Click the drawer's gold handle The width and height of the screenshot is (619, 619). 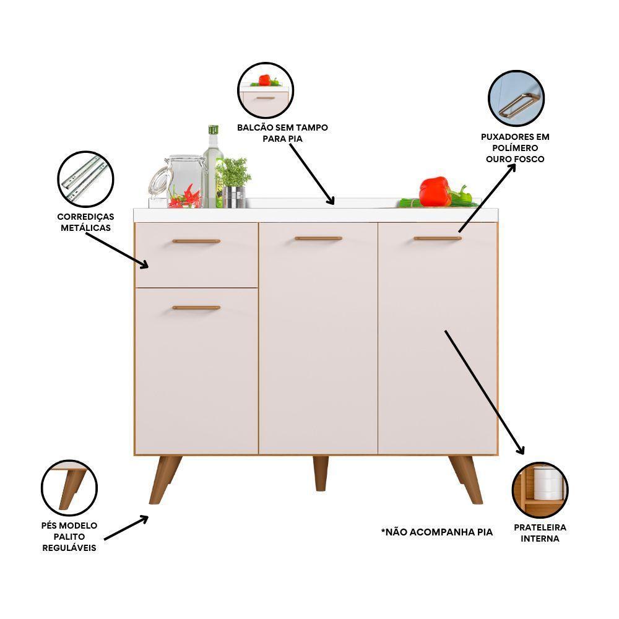[196, 241]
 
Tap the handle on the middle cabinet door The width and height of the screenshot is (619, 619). [318, 238]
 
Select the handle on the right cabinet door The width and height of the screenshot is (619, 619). [438, 238]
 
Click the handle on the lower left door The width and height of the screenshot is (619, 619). [196, 307]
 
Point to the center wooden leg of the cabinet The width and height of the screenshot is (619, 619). [321, 473]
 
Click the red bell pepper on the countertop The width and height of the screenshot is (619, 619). [435, 191]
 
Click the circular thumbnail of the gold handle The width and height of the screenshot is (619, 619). [516, 100]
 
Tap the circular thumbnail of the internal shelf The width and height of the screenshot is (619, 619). [540, 490]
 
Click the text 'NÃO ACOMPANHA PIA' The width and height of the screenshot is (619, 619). [437, 532]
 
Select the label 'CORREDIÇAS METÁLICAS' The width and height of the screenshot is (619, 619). [85, 222]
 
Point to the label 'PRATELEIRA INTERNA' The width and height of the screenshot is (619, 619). [540, 533]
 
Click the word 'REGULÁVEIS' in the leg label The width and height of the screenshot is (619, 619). [69, 548]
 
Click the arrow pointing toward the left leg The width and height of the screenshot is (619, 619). [127, 528]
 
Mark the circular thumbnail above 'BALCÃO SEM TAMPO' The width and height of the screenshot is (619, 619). [266, 91]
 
